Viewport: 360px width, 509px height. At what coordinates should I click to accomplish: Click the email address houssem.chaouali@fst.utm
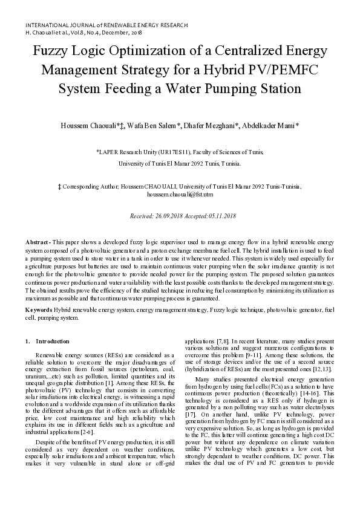click(x=180, y=195)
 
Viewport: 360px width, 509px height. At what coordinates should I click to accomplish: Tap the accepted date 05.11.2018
click(x=222, y=216)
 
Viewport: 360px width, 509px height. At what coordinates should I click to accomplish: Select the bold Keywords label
click(x=39, y=310)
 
